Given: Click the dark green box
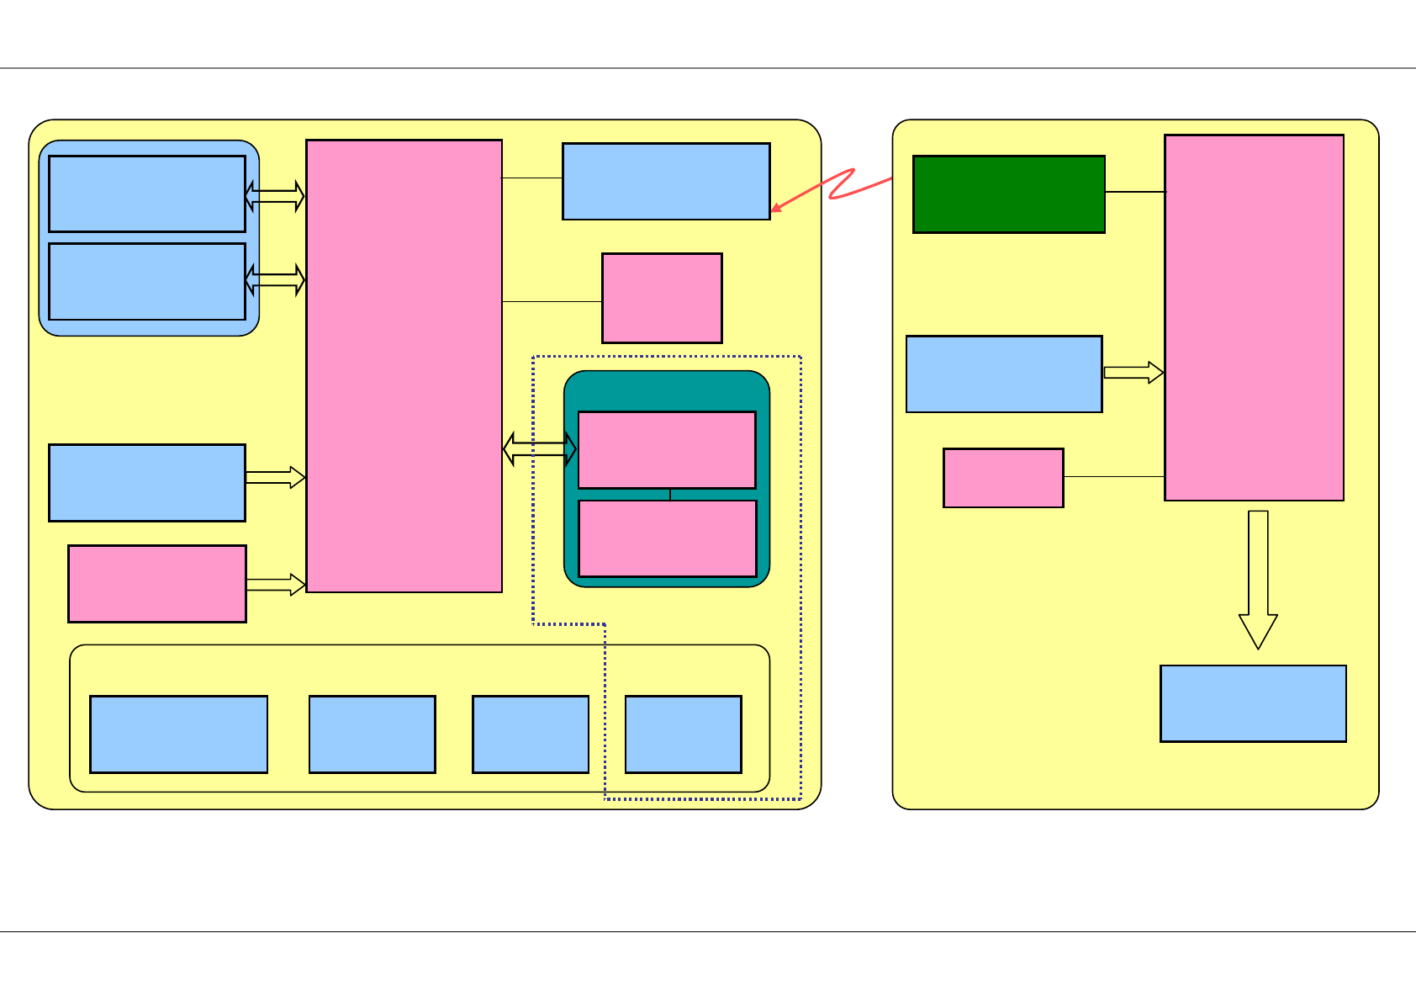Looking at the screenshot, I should pyautogui.click(x=1008, y=194).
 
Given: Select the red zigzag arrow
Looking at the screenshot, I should pyautogui.click(x=841, y=187).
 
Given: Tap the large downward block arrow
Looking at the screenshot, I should pyautogui.click(x=1258, y=581).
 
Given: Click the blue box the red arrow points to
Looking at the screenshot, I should pyautogui.click(x=666, y=181).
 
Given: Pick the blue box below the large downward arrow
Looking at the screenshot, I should pyautogui.click(x=1253, y=703).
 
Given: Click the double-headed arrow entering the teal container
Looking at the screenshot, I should pyautogui.click(x=540, y=448).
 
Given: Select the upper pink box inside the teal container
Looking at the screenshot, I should pyautogui.click(x=667, y=449).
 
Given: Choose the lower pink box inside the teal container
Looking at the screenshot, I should pyautogui.click(x=668, y=538).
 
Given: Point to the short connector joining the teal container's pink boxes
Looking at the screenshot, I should pyautogui.click(x=670, y=494).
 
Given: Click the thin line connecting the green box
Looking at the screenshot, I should pyautogui.click(x=1134, y=192).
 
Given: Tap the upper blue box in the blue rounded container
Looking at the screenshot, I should pyautogui.click(x=147, y=194).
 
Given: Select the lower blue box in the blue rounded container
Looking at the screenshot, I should pyautogui.click(x=147, y=281).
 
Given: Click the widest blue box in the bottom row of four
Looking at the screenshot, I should pyautogui.click(x=178, y=734).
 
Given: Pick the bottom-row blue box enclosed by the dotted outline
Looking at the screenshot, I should pyautogui.click(x=683, y=734).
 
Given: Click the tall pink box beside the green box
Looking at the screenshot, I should pyautogui.click(x=1254, y=317).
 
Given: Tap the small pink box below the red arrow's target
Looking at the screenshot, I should pyautogui.click(x=662, y=298).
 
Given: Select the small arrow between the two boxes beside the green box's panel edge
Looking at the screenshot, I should pyautogui.click(x=1133, y=373).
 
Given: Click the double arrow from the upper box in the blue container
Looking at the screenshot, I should pyautogui.click(x=275, y=196).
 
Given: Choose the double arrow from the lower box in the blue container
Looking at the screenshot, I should pyautogui.click(x=275, y=279).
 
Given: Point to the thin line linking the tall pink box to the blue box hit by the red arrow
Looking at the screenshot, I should pyautogui.click(x=532, y=178).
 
